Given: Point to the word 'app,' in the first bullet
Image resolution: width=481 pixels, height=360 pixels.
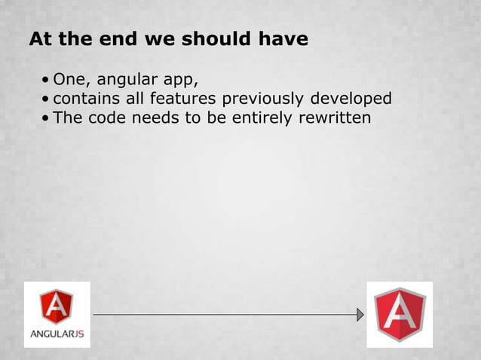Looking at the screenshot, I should (176, 81).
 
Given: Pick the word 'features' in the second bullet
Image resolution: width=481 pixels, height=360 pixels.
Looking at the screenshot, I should (179, 99).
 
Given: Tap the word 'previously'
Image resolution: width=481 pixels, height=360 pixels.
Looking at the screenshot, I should (261, 99).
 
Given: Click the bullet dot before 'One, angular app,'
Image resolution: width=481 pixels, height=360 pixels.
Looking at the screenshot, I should (47, 80).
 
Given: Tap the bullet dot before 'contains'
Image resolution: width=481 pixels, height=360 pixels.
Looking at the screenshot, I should (47, 99).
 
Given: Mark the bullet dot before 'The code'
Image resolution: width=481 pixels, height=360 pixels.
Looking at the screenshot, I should (47, 119).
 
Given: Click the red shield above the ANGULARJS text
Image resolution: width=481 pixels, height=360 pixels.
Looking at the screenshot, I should (57, 306).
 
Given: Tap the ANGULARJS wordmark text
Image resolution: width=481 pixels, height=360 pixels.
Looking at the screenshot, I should (57, 334).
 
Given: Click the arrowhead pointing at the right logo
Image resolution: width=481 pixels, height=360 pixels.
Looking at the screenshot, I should (360, 314).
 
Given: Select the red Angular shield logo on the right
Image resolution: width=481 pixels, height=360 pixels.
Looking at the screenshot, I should (400, 314).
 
